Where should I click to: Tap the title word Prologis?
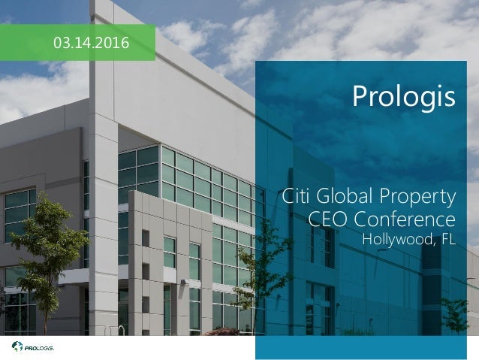coord(403,98)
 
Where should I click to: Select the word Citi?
coord(300,198)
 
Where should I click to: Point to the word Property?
coord(421,200)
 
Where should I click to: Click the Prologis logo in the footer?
coord(33,347)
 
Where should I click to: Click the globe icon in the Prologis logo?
coord(17,347)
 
